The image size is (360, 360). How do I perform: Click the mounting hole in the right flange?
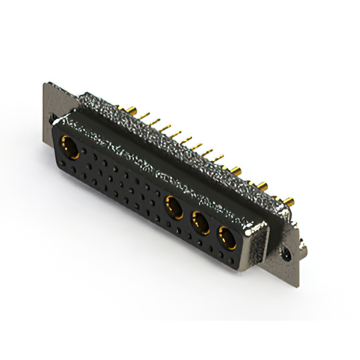click(288, 254)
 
